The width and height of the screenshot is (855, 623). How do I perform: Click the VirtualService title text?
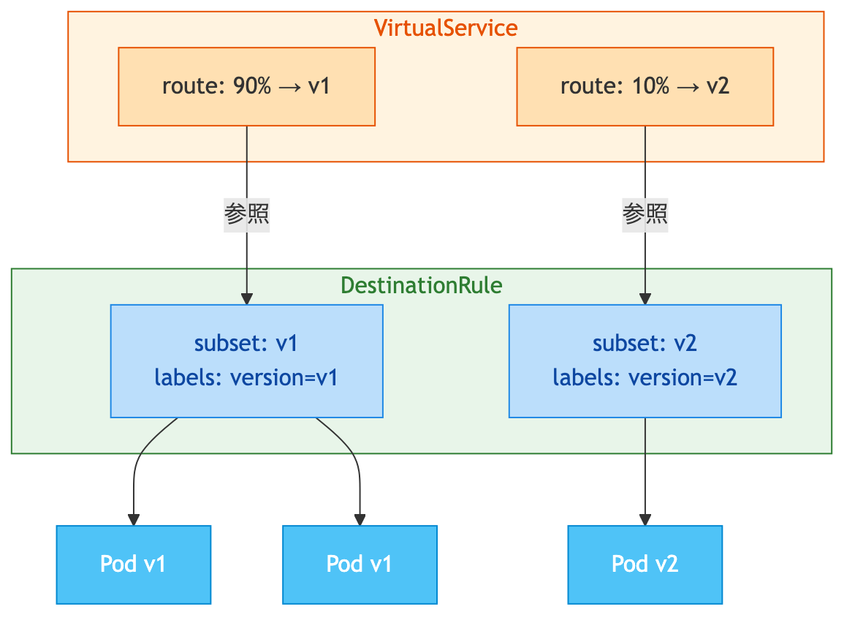tap(446, 28)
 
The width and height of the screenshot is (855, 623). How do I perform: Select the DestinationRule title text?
tap(422, 284)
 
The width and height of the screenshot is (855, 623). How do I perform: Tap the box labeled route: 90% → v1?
tap(246, 86)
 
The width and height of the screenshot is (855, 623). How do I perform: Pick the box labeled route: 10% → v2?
tap(645, 86)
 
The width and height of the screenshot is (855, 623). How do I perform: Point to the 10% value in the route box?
tap(650, 86)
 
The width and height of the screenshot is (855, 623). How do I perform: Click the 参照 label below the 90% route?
tap(247, 215)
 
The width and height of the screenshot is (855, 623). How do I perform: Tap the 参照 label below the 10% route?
tap(645, 215)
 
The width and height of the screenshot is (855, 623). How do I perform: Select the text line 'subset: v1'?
tap(246, 343)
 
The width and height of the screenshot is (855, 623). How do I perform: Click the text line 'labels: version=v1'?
tap(246, 377)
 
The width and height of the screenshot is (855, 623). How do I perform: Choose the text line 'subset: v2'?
tap(645, 343)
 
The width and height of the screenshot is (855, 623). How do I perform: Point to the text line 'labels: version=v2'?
tap(645, 377)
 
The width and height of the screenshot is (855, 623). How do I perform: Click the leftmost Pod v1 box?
tap(133, 564)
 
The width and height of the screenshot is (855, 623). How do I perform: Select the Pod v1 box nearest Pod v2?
tap(360, 564)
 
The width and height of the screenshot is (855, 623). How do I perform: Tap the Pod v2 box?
tap(645, 564)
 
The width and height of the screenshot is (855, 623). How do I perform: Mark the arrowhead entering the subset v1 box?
tap(247, 298)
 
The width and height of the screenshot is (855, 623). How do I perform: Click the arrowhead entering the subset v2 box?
tap(645, 298)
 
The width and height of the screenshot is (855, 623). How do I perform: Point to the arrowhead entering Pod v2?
tap(645, 518)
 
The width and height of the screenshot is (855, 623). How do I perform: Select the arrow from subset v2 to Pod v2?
tap(645, 468)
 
